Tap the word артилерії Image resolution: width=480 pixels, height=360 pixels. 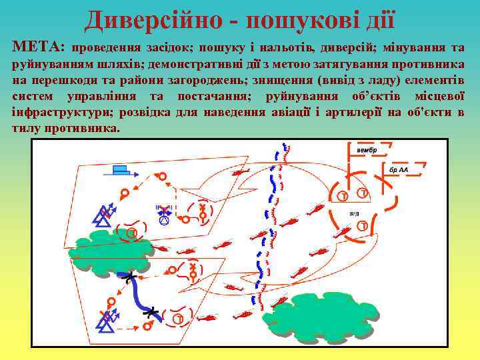[351, 112]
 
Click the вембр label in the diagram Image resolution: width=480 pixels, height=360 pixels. [367, 150]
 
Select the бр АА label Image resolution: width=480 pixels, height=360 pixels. [399, 169]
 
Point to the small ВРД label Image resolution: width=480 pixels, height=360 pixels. [354, 213]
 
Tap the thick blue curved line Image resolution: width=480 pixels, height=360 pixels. [137, 293]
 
